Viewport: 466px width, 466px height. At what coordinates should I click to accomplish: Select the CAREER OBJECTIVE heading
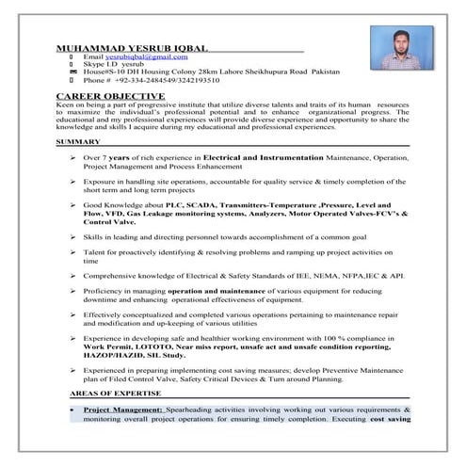coord(111,97)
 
